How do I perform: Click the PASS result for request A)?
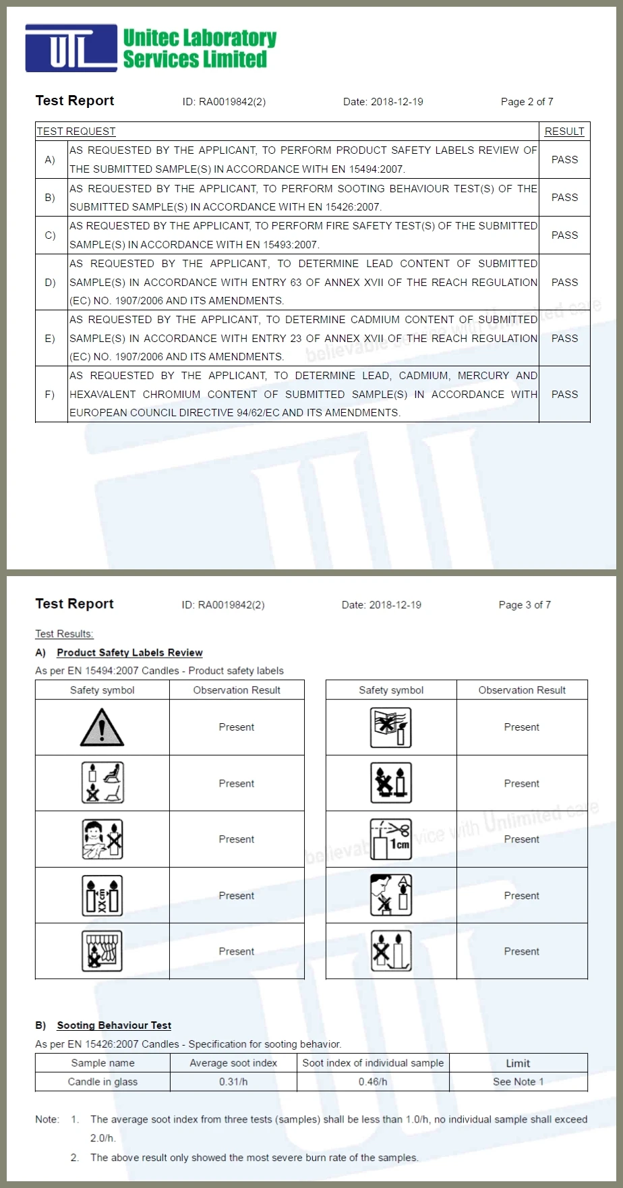point(564,160)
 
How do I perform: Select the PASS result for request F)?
point(564,394)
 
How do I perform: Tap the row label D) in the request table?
point(50,282)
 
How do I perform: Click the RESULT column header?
point(564,132)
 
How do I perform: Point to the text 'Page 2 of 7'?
point(527,102)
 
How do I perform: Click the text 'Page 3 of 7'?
point(525,605)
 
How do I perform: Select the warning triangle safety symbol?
point(102,727)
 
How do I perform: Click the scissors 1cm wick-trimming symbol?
point(390,839)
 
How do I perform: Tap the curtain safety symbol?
point(102,951)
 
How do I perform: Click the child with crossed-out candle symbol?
point(102,839)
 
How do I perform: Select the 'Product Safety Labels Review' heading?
point(129,652)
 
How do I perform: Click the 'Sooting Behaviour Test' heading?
point(114,1025)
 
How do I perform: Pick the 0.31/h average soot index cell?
point(233,1081)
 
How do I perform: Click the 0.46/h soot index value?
point(373,1081)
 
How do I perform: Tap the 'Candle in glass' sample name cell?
point(102,1081)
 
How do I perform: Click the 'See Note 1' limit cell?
point(518,1081)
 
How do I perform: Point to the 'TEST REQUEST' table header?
point(76,132)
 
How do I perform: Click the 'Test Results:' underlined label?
point(64,634)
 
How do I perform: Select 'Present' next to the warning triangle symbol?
point(236,727)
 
